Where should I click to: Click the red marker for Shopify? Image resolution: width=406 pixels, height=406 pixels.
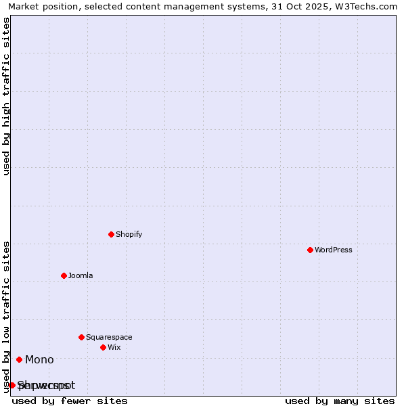coord(111,234)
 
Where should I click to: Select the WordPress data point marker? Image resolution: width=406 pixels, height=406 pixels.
coord(310,250)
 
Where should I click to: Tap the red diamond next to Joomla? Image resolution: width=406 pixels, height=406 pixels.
coord(64,275)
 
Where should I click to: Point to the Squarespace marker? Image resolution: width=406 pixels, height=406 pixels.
coord(81,337)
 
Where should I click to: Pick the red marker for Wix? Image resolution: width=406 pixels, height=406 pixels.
coord(103,347)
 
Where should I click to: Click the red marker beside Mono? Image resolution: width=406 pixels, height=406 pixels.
coord(19,359)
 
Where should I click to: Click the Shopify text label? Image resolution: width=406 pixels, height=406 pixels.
coord(129,234)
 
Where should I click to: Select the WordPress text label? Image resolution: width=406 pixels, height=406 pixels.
coord(333,250)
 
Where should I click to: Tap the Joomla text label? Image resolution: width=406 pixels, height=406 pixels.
coord(81,275)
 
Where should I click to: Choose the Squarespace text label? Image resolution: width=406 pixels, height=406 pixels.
coord(109,337)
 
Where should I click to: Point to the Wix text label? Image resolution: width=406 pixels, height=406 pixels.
coord(114,347)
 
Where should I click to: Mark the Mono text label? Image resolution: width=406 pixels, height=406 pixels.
coord(39,359)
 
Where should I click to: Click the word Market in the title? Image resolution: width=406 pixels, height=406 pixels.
coord(24,6)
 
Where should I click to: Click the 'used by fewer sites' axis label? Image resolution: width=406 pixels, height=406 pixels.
coord(70,401)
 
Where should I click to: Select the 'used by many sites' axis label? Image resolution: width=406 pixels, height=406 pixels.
coord(340,401)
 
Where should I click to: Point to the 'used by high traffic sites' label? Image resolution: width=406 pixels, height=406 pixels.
coord(6,96)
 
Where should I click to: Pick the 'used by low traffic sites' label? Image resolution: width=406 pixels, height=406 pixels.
coord(6,317)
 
